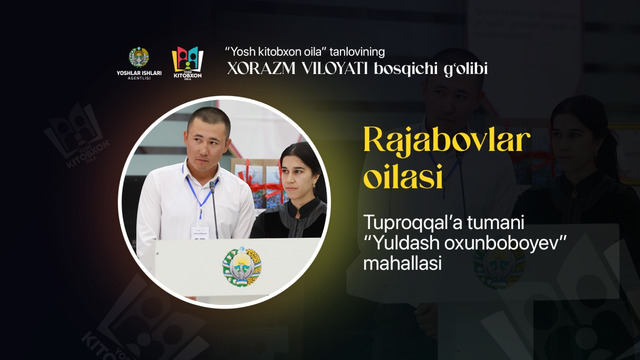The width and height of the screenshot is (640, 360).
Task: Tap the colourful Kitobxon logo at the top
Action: [188, 61]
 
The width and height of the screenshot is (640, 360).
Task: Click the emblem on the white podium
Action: [241, 266]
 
